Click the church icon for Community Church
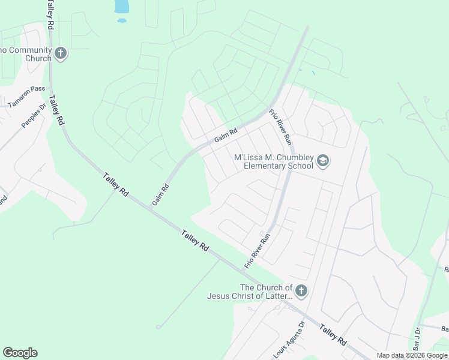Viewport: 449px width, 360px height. tap(60, 54)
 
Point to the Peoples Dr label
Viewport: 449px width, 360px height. tap(34, 116)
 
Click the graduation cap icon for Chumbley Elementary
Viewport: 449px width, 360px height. tap(323, 161)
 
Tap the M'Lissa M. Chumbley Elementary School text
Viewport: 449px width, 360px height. tap(273, 162)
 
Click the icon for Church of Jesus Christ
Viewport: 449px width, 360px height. tap(301, 292)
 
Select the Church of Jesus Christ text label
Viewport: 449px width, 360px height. tap(250, 292)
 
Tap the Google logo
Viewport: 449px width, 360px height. tap(20, 353)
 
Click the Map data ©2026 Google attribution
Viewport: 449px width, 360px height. tap(412, 356)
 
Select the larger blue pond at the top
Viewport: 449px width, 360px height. tap(121, 6)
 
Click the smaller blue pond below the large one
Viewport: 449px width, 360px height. tap(122, 20)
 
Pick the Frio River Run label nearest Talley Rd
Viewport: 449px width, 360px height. tap(257, 251)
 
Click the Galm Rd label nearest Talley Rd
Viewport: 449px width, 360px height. tap(160, 195)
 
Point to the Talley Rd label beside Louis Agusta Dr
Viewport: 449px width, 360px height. tap(333, 335)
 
